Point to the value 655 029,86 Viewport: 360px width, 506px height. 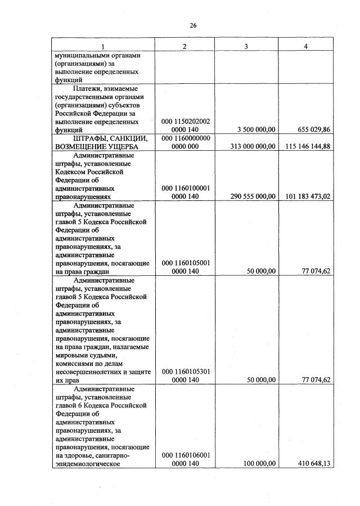point(310,129)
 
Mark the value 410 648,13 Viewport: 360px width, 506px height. point(310,463)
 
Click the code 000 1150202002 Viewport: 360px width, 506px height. point(185,121)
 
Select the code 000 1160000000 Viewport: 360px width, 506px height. point(185,138)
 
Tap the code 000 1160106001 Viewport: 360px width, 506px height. point(185,455)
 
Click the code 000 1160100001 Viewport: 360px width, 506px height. point(185,188)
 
